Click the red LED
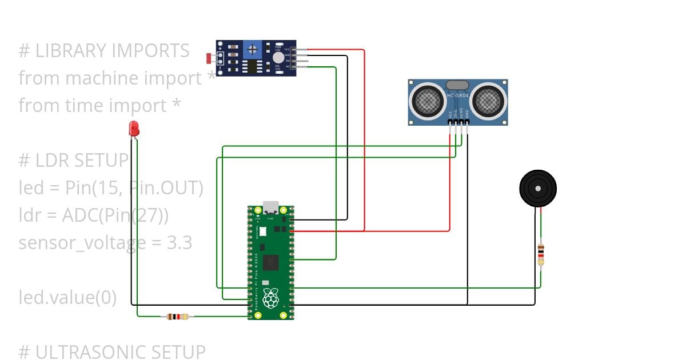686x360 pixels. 134,128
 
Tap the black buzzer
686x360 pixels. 537,189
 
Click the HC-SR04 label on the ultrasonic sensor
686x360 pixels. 458,95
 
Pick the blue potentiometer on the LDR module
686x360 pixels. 252,49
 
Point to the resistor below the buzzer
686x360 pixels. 541,254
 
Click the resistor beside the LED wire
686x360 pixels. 179,316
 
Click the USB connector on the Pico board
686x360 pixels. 270,206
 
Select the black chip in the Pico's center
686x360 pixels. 271,263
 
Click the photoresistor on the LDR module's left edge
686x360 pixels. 209,58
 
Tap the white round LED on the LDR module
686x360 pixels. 278,57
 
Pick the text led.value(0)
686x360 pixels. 67,298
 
